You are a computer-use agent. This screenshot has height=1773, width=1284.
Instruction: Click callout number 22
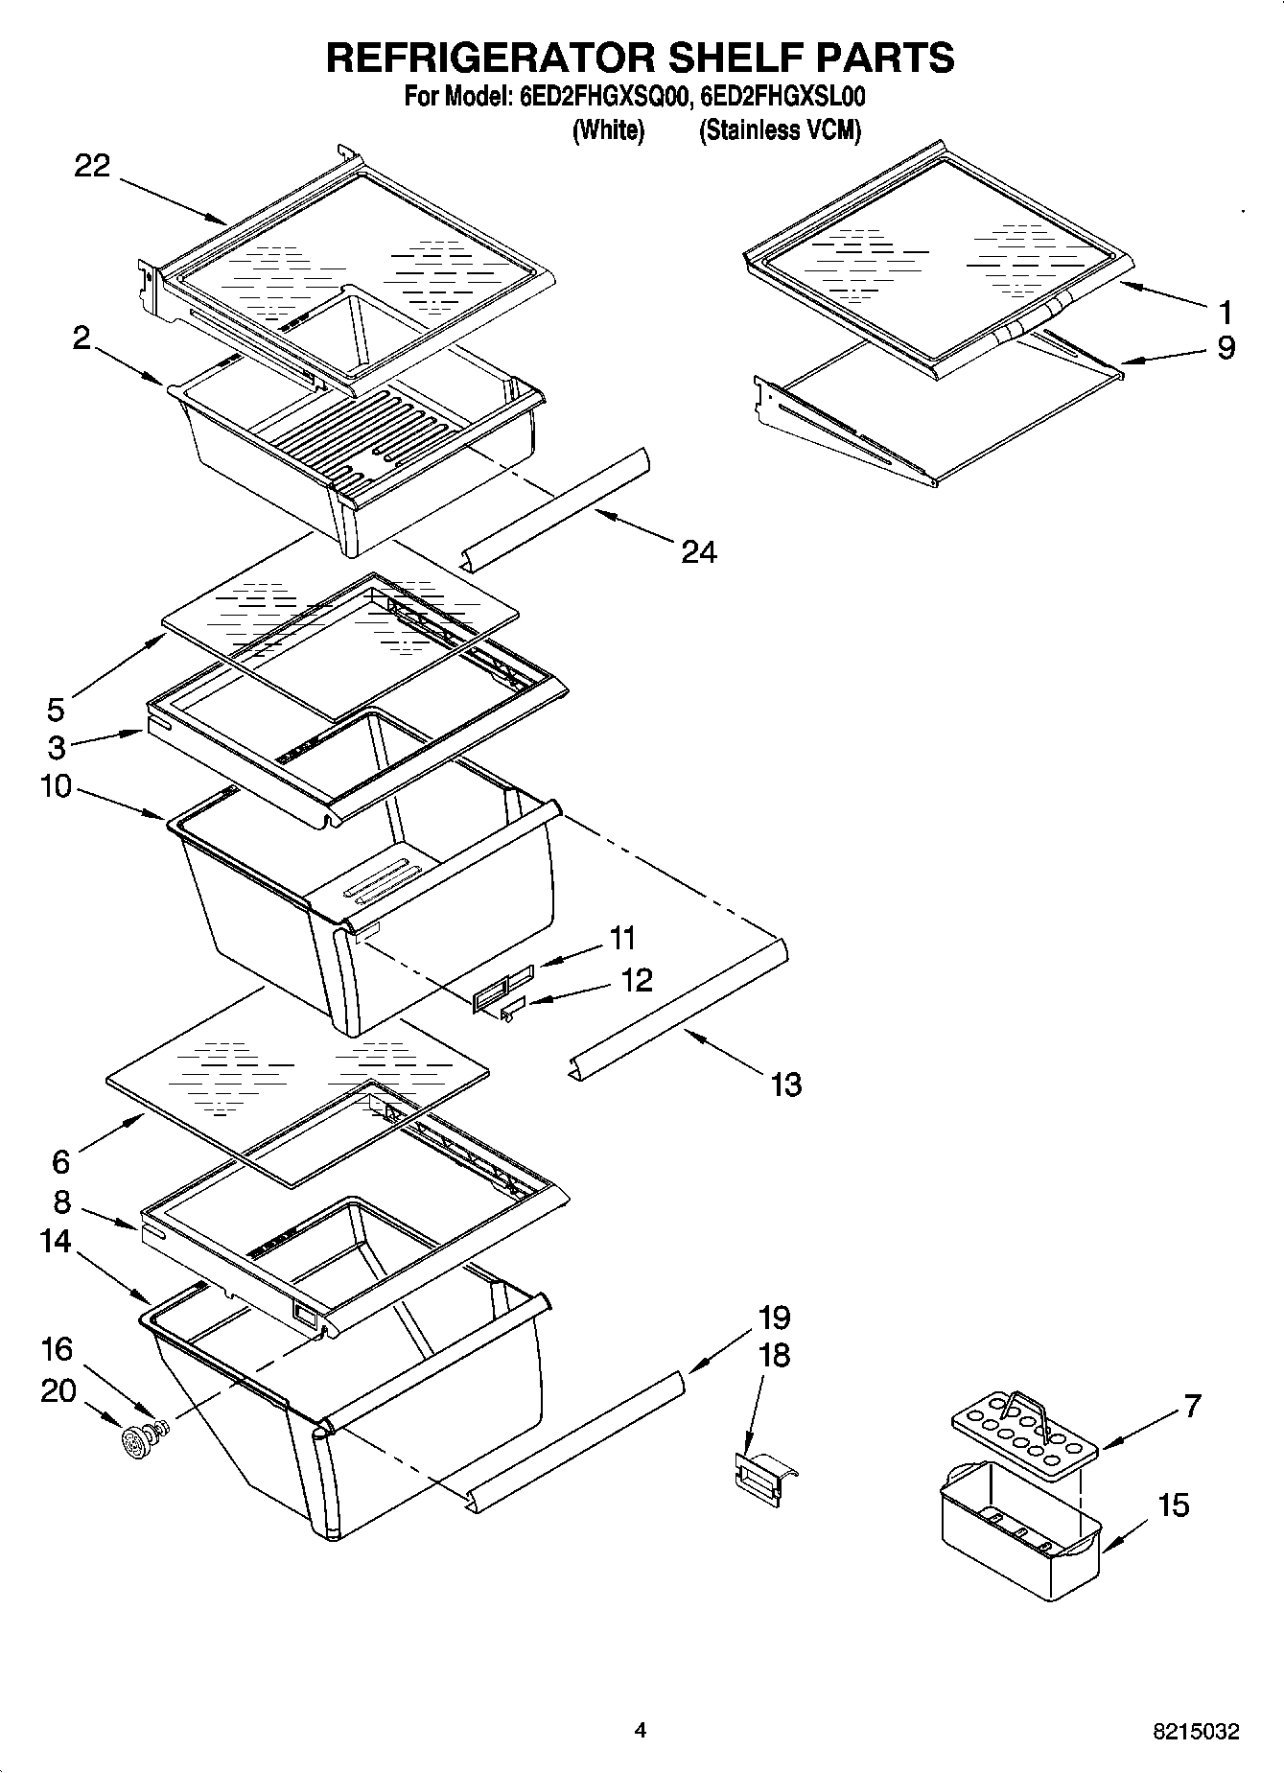pos(92,166)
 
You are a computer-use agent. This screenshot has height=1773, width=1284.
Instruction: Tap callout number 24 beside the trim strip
pos(699,552)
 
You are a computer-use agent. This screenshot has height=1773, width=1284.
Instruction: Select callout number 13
pos(785,1085)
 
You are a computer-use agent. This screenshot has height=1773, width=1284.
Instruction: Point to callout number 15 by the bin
pos(1173,1505)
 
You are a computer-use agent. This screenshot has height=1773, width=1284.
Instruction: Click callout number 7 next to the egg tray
pos(1192,1406)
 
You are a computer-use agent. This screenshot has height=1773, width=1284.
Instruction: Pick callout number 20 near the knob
pos(58,1389)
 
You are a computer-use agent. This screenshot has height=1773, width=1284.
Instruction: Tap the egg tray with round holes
pos(1022,1433)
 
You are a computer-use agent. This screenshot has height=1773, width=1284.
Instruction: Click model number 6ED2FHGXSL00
pos(782,97)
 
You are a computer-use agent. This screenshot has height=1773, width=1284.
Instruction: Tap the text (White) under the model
pos(608,130)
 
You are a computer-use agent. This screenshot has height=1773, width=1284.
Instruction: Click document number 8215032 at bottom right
pos(1195,1732)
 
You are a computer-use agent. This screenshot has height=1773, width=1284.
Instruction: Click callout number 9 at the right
pos(1226,347)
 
